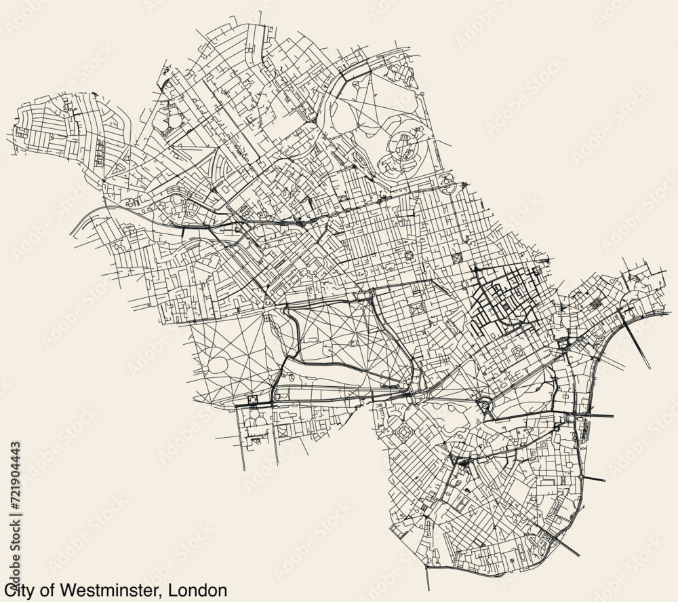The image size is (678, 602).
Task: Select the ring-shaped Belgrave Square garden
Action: pos(404,432)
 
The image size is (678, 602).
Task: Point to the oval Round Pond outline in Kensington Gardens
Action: pos(220,364)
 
